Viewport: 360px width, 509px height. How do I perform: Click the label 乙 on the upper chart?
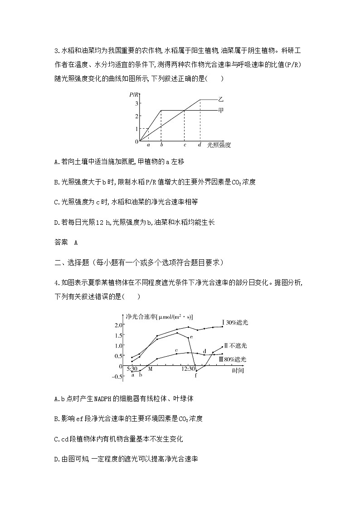[221, 99]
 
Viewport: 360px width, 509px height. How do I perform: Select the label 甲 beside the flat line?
[221, 110]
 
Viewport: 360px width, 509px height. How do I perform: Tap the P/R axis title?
[134, 94]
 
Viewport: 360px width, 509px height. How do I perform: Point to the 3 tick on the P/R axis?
[136, 104]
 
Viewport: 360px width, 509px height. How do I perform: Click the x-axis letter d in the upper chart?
[199, 145]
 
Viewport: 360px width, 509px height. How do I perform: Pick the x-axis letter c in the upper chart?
[184, 145]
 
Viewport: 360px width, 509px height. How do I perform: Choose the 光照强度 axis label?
[219, 145]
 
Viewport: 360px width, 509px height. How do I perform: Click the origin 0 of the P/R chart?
[136, 142]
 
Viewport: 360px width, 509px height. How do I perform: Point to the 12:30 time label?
[187, 369]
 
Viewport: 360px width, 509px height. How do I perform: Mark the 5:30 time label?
[131, 369]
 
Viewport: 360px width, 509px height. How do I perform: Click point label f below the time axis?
[196, 375]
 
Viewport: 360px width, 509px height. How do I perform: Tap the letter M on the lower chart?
[150, 369]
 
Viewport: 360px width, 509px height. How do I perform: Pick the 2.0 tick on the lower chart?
[118, 325]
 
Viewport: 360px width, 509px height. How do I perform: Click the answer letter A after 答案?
[76, 242]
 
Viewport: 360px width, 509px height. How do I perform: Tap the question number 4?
[55, 283]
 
